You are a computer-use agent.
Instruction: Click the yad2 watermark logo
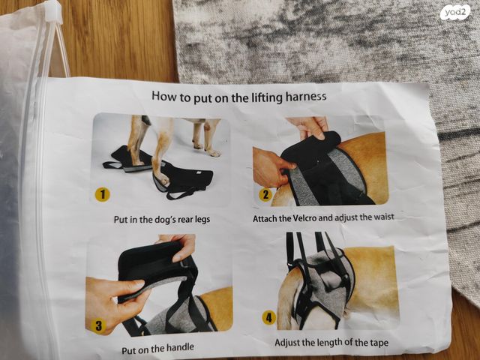click(x=455, y=13)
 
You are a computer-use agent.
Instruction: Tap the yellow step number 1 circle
click(x=102, y=195)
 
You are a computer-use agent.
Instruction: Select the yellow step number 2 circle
click(x=265, y=195)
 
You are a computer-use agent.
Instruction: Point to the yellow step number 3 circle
click(x=98, y=325)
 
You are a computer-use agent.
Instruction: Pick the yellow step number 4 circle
click(x=268, y=318)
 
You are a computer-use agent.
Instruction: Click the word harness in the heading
click(x=306, y=97)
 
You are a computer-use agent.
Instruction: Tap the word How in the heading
click(x=164, y=96)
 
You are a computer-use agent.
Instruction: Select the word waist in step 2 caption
click(x=385, y=217)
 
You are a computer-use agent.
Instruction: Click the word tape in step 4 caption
click(x=379, y=343)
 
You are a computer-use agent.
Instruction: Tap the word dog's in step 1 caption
click(x=166, y=220)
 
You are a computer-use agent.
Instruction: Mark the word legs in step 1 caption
click(x=202, y=220)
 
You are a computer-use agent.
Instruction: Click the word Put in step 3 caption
click(x=129, y=350)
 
